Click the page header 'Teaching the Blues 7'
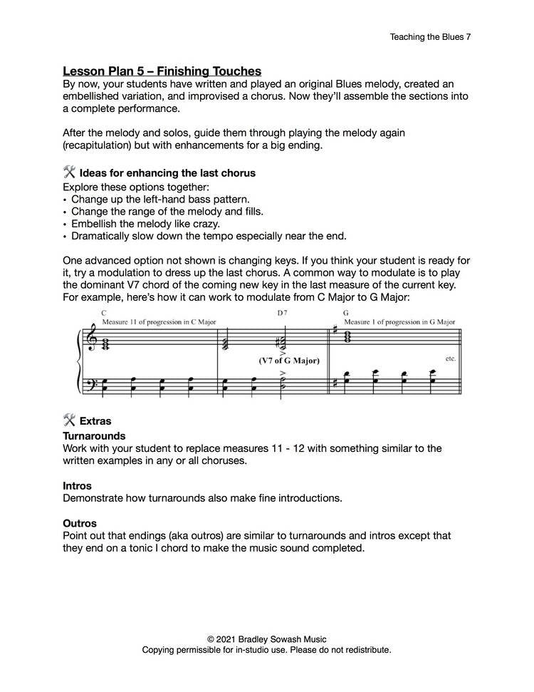pos(430,36)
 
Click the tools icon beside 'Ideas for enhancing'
pos(70,172)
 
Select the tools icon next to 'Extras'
pos(70,420)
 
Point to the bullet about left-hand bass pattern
pos(160,199)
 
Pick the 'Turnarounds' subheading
pos(94,435)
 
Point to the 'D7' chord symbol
pos(283,314)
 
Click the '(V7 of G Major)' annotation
pos(289,361)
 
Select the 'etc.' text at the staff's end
pos(450,358)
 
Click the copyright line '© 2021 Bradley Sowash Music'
pos(266,639)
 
